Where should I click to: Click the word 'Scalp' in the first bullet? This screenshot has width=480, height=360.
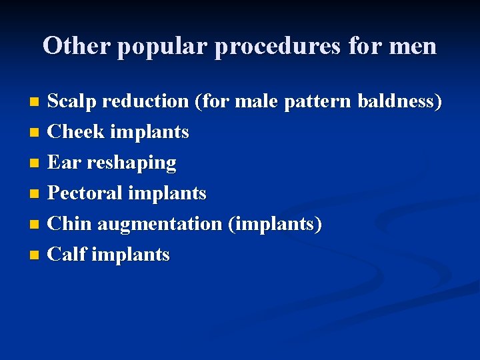pos(72,101)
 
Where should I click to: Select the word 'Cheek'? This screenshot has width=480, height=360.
pos(77,132)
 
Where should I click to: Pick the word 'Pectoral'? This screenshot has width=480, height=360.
pos(85,193)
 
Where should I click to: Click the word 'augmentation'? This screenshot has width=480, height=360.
pos(159,224)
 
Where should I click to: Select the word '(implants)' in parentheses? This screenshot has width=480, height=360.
pos(275,224)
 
